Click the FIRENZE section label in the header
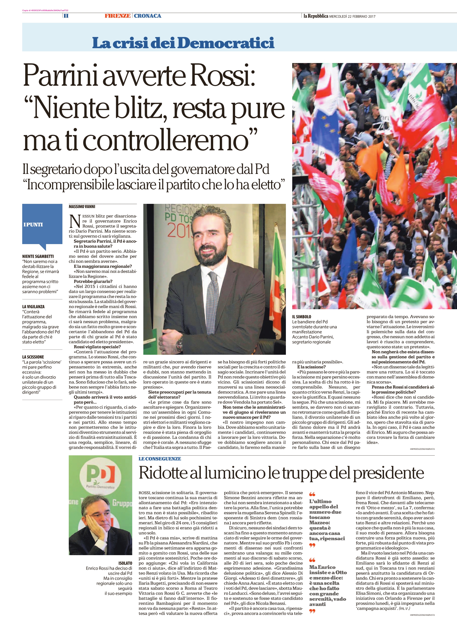point(117,16)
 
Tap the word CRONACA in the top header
point(147,16)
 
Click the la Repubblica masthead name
point(316,16)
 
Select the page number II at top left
point(66,16)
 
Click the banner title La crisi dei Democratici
point(183,42)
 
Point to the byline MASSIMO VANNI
point(82,206)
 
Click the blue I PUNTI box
point(42,224)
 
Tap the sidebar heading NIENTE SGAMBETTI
point(38,257)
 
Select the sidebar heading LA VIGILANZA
point(33,307)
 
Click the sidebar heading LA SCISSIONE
point(33,357)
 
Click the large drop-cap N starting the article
point(75,221)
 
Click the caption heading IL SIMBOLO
point(301,317)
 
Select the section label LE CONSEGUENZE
point(160,459)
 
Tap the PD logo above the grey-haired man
point(100,474)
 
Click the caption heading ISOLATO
point(125,563)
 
